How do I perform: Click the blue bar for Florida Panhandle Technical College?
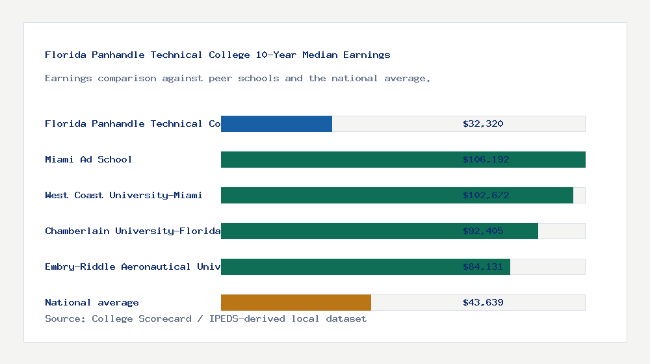tap(276, 123)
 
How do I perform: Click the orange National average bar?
tap(296, 302)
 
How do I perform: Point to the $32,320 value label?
tap(483, 123)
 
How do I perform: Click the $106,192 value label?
tap(483, 159)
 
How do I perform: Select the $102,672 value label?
tap(483, 195)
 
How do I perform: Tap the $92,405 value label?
tap(483, 231)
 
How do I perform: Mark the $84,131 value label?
tap(483, 266)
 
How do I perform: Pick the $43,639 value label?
tap(483, 302)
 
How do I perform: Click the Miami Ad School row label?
tap(88, 159)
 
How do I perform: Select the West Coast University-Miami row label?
tap(123, 195)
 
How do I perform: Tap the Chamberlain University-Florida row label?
tap(133, 231)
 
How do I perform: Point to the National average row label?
tap(92, 302)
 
